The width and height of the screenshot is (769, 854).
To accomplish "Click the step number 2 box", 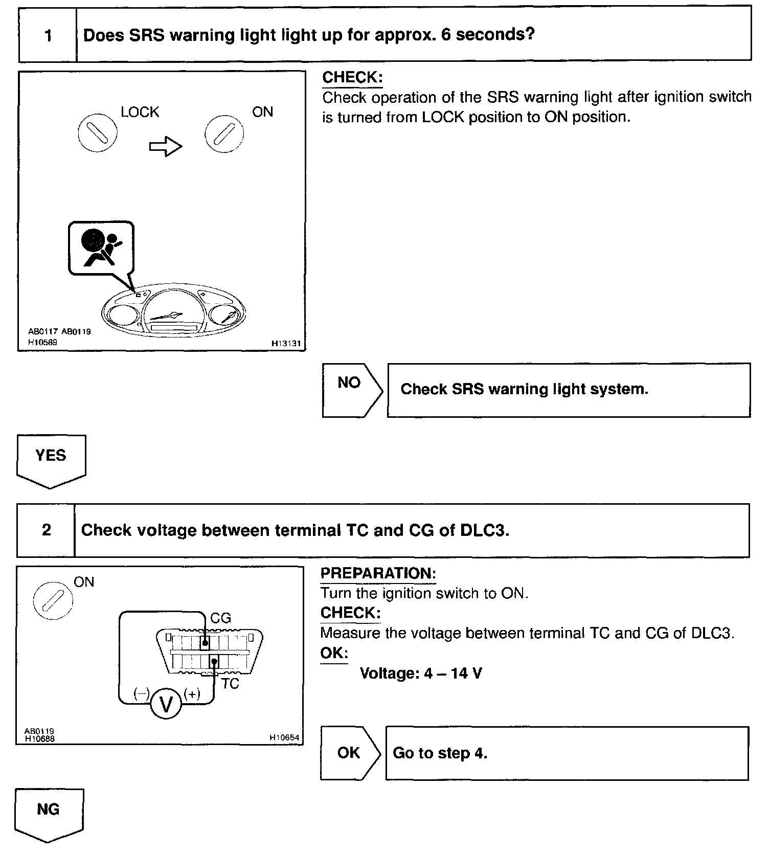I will (x=46, y=530).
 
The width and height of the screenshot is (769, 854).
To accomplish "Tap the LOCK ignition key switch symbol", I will (x=98, y=133).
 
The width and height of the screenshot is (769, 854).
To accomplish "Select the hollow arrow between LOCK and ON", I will (x=166, y=147).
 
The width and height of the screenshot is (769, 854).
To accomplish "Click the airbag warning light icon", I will (x=101, y=249).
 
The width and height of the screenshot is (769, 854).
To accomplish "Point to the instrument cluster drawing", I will (x=174, y=311).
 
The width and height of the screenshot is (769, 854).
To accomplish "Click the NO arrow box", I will (x=352, y=390).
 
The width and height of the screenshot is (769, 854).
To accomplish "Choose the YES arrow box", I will (x=51, y=459).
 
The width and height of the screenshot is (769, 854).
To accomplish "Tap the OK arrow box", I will (x=350, y=753).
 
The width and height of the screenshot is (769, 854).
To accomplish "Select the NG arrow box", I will (x=49, y=813).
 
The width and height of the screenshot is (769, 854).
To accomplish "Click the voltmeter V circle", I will (x=166, y=705).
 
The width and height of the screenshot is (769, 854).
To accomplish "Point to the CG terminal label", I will (x=221, y=618).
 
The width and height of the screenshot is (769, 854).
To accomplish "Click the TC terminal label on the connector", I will (x=230, y=684).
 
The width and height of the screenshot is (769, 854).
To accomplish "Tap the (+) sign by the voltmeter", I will (x=192, y=694).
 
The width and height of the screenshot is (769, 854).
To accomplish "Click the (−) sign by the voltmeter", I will (x=142, y=694).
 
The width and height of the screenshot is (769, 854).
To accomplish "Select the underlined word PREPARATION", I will (x=378, y=573).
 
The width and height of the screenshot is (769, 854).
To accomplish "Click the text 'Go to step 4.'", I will (x=440, y=753).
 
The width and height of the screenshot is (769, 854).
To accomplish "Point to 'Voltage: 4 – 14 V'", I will (x=421, y=673).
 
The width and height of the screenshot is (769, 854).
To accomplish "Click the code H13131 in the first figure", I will (x=286, y=344).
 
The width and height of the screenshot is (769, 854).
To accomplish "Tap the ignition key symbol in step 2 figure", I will (x=53, y=600).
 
